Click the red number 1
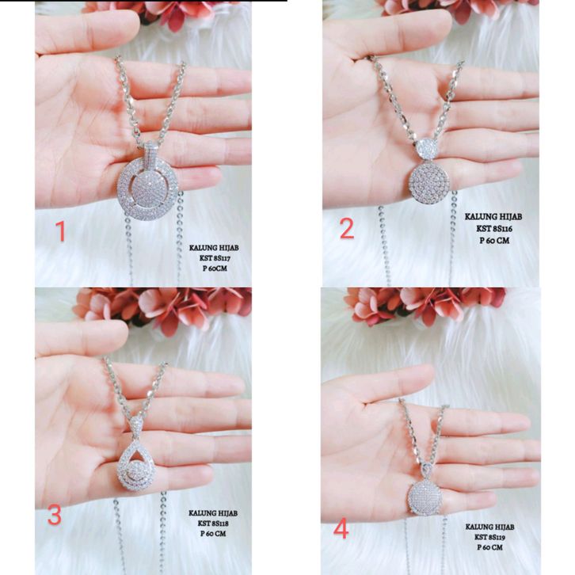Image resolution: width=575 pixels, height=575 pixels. click(x=61, y=232)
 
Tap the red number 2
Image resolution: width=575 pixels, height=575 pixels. click(x=347, y=229)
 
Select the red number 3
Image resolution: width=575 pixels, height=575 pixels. click(x=55, y=516)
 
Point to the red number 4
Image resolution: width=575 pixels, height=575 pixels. click(x=341, y=530)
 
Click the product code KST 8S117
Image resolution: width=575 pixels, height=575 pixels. click(x=215, y=258)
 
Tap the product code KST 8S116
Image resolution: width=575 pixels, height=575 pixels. click(x=494, y=229)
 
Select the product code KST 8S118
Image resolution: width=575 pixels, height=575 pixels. click(x=213, y=524)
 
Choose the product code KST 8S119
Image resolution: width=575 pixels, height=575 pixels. click(x=489, y=537)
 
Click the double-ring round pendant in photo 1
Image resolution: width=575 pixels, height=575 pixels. click(x=148, y=189)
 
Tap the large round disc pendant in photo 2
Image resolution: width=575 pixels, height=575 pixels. click(x=428, y=183)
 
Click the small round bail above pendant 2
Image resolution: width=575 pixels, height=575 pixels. click(x=428, y=149)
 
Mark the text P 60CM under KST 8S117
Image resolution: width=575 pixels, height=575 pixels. click(x=215, y=268)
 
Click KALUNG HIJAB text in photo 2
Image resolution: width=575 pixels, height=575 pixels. click(x=493, y=217)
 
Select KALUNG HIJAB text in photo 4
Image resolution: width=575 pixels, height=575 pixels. click(x=489, y=527)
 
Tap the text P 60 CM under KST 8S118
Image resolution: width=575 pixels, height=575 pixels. click(x=213, y=534)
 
